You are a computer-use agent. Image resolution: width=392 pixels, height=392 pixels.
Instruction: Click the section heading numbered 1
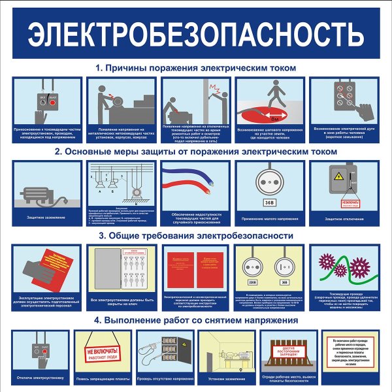196,68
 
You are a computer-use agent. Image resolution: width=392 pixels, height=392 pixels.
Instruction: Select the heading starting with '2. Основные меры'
196,152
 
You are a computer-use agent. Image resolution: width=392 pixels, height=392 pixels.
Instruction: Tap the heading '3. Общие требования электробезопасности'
196,235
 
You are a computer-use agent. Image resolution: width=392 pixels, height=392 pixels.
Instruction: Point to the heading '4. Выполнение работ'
196,321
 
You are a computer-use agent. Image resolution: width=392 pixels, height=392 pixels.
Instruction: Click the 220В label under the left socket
253,283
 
